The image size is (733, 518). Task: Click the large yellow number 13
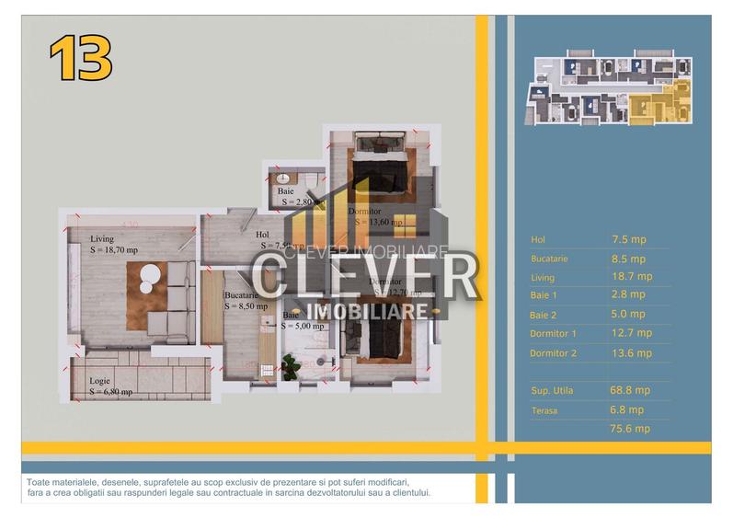click(81, 59)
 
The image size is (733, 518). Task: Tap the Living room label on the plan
click(102, 239)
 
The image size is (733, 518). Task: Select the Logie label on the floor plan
click(100, 381)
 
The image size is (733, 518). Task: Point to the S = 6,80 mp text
click(111, 392)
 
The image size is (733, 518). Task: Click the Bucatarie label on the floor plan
click(241, 295)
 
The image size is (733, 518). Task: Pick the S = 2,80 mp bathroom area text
click(298, 201)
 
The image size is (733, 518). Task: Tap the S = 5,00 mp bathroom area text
click(304, 326)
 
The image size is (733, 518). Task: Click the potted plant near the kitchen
click(292, 366)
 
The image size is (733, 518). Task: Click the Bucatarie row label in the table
click(550, 259)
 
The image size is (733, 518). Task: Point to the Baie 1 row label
click(544, 295)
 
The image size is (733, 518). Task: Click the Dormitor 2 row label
click(554, 353)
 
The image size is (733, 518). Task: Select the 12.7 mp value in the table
click(631, 333)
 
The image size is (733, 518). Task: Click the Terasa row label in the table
click(544, 410)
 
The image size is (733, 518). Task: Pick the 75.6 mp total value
click(630, 429)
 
